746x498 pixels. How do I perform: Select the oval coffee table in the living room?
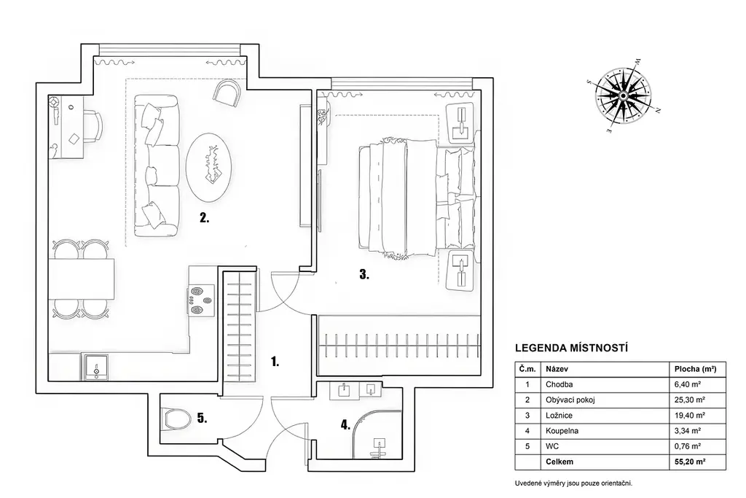[x=209, y=167]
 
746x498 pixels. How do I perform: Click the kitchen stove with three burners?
[x=201, y=300]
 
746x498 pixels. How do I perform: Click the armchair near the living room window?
[x=227, y=93]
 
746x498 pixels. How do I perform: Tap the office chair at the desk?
[x=93, y=126]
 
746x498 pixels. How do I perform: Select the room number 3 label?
[x=364, y=274]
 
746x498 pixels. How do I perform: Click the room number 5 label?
[x=203, y=419]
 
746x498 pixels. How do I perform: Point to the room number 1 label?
[x=275, y=362]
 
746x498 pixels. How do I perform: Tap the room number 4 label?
[x=345, y=424]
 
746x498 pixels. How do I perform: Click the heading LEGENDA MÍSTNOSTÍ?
[x=571, y=348]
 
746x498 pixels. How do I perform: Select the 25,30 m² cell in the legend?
[x=690, y=400]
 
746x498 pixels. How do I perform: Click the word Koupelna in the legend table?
[x=560, y=431]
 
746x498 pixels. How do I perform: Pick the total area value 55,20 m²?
[x=690, y=462]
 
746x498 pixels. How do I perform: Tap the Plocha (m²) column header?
[x=696, y=369]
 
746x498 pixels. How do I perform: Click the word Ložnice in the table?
[x=559, y=416]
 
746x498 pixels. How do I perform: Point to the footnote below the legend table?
[x=574, y=483]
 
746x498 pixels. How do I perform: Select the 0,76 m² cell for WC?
[x=688, y=446]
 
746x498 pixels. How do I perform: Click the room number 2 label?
[x=205, y=218]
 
